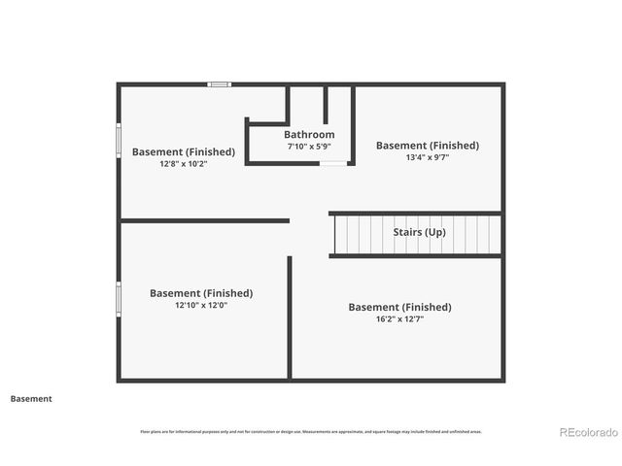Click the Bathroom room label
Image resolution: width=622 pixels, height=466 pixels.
(x=309, y=134)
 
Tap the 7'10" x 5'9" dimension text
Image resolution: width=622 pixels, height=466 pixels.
(x=309, y=147)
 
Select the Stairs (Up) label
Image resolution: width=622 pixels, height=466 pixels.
(x=420, y=233)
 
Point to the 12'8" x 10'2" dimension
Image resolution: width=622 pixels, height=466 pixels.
(x=184, y=164)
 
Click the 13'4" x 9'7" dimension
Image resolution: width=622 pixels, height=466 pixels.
(x=427, y=157)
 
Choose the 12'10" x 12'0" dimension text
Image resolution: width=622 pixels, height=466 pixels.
(x=200, y=305)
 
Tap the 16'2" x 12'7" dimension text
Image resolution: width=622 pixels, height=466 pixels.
(x=399, y=318)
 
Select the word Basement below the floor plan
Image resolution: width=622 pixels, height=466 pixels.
(x=31, y=398)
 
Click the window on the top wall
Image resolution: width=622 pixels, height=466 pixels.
(x=220, y=84)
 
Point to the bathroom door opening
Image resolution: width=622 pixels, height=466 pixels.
(x=332, y=163)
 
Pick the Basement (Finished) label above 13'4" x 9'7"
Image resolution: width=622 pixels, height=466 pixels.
(x=428, y=146)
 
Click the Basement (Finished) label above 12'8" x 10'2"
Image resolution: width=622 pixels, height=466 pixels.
(x=184, y=151)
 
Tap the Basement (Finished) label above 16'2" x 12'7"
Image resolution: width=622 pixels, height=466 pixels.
(x=399, y=307)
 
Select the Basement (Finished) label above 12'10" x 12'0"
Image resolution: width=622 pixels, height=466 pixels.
(x=201, y=293)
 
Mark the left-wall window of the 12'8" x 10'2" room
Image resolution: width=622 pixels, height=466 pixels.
(x=119, y=138)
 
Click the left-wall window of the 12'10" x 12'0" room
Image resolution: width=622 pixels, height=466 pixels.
(x=119, y=298)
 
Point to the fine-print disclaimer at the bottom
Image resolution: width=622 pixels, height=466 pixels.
(x=311, y=431)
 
